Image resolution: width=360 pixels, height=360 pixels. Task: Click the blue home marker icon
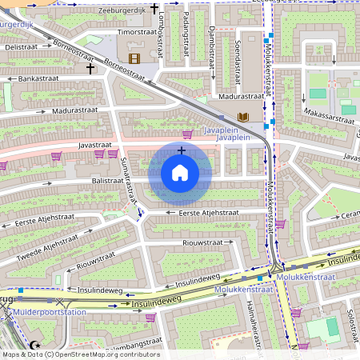(x=180, y=172)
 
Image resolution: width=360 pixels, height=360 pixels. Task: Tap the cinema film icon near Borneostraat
(x=134, y=58)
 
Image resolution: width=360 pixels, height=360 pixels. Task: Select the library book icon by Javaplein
(x=244, y=118)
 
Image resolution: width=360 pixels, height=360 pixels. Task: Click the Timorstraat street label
(x=137, y=32)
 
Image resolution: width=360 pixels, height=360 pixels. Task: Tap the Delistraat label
(x=22, y=47)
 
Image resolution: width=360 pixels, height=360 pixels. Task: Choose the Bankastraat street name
(x=40, y=79)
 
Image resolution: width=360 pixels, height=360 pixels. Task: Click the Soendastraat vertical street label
(x=238, y=62)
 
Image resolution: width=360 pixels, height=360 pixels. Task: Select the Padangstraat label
(x=186, y=35)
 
